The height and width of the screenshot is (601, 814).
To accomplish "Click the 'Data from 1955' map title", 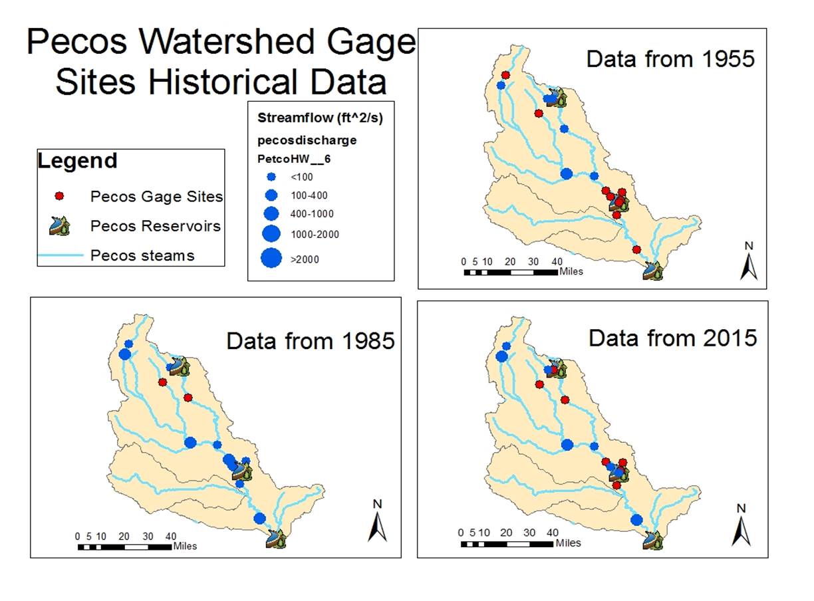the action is click(670, 59).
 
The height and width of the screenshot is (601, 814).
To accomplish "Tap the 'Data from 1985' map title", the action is click(311, 341).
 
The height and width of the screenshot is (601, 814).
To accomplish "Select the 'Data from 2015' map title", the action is click(673, 338).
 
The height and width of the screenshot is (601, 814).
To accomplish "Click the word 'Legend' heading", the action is click(77, 160).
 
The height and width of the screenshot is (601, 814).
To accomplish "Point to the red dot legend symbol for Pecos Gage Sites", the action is click(59, 196).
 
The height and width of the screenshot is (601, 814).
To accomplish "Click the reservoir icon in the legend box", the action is click(59, 225).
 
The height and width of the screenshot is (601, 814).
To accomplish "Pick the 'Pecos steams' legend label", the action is click(142, 255).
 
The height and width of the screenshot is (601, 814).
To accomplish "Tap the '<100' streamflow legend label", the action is click(302, 178).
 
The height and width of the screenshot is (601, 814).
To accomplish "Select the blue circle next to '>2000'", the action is click(271, 258).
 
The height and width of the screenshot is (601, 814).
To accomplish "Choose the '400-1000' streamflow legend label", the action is click(312, 214).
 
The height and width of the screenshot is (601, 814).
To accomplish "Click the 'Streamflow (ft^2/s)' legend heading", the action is click(320, 118).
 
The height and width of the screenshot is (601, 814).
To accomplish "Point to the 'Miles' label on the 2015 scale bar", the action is click(568, 543).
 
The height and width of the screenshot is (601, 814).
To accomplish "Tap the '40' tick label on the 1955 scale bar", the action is click(557, 261).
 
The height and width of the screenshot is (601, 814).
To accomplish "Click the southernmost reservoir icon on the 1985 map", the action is click(276, 539).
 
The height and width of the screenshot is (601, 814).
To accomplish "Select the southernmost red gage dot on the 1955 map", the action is click(636, 249).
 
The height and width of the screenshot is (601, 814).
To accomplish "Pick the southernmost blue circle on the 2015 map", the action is click(636, 520).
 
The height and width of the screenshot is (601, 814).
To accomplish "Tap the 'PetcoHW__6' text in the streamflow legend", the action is click(294, 159).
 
